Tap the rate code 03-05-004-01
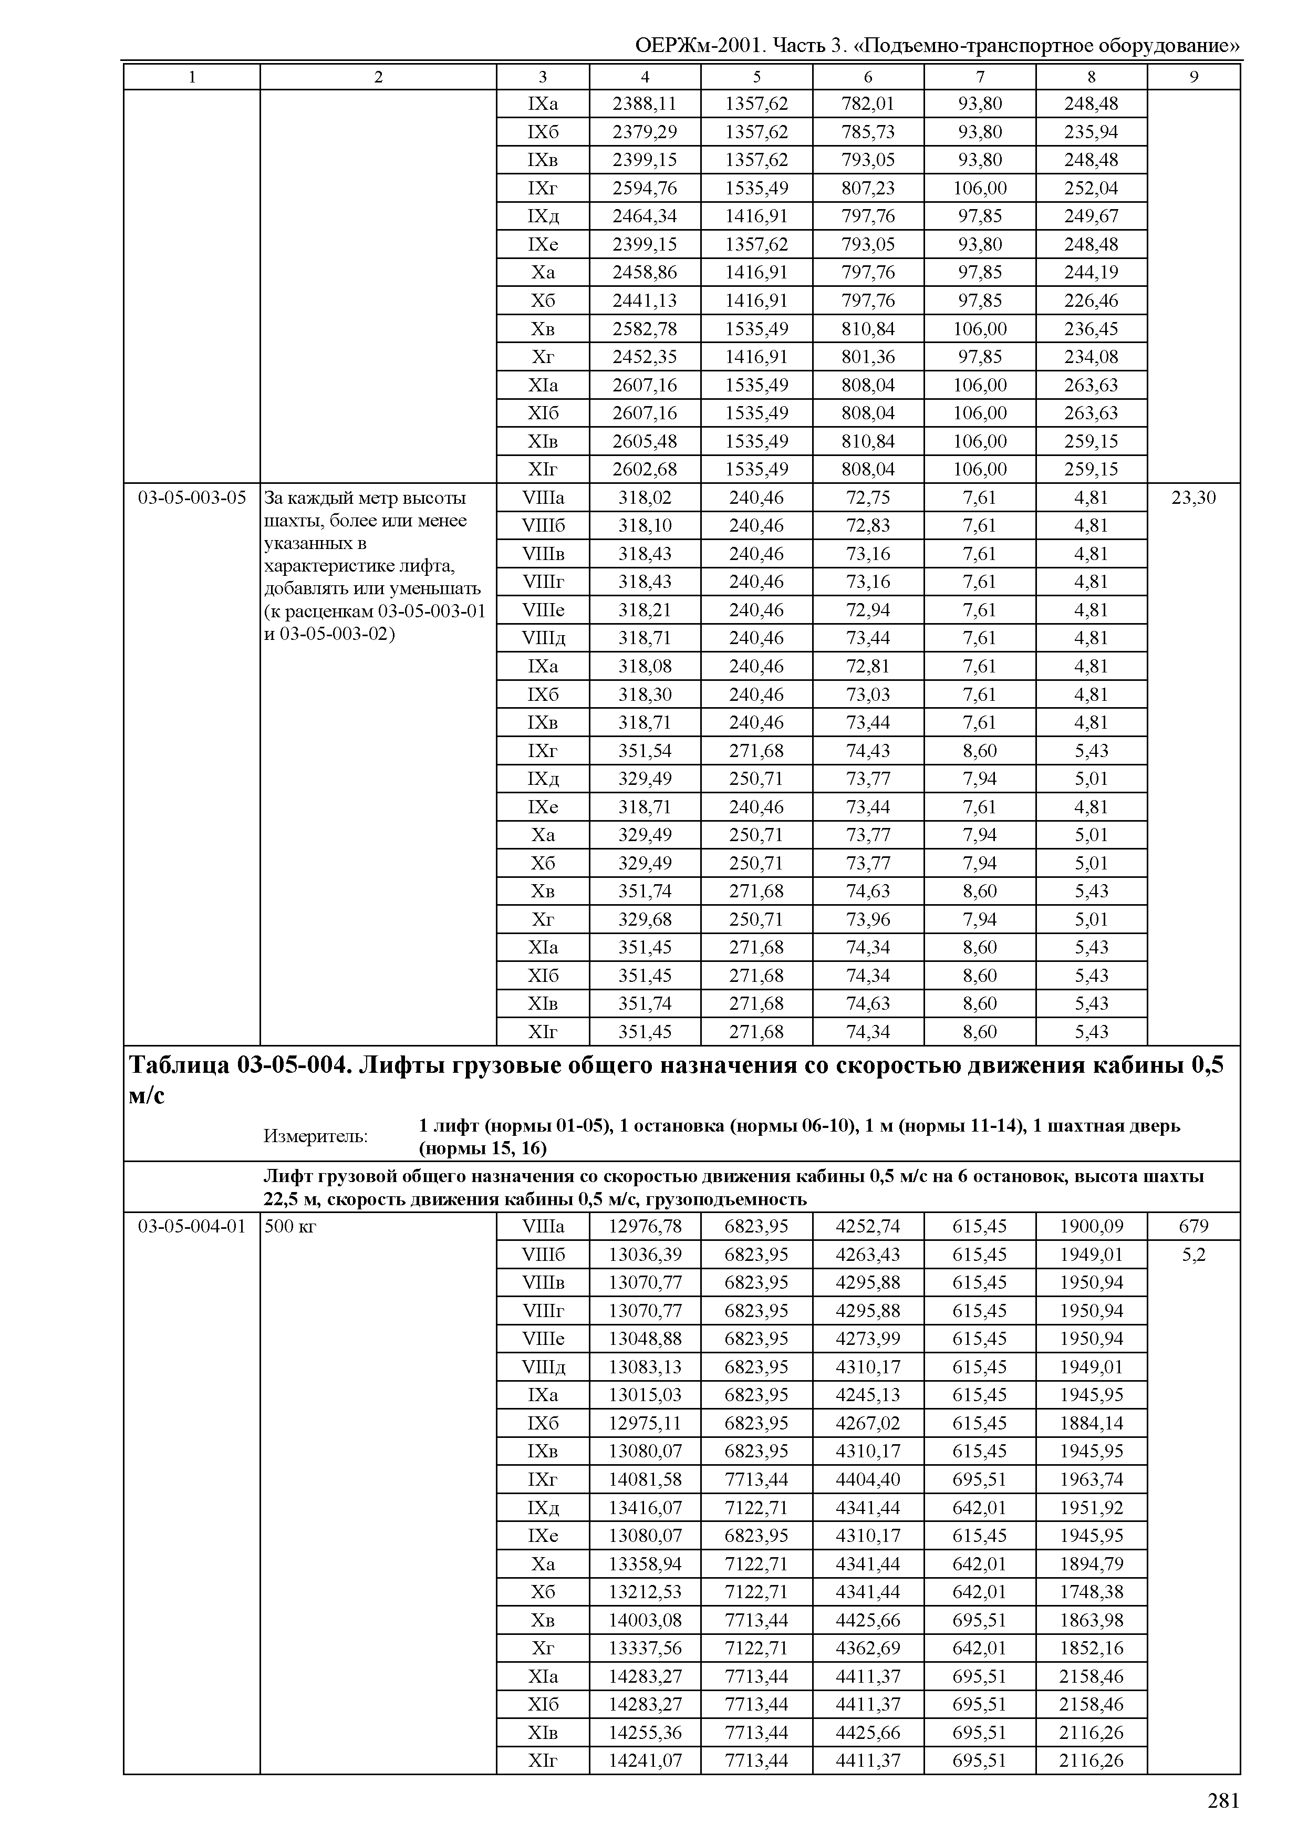click(192, 1226)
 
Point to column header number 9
click(1193, 77)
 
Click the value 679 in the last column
click(1193, 1226)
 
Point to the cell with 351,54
click(645, 751)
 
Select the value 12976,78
click(645, 1226)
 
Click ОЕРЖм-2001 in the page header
click(699, 46)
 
